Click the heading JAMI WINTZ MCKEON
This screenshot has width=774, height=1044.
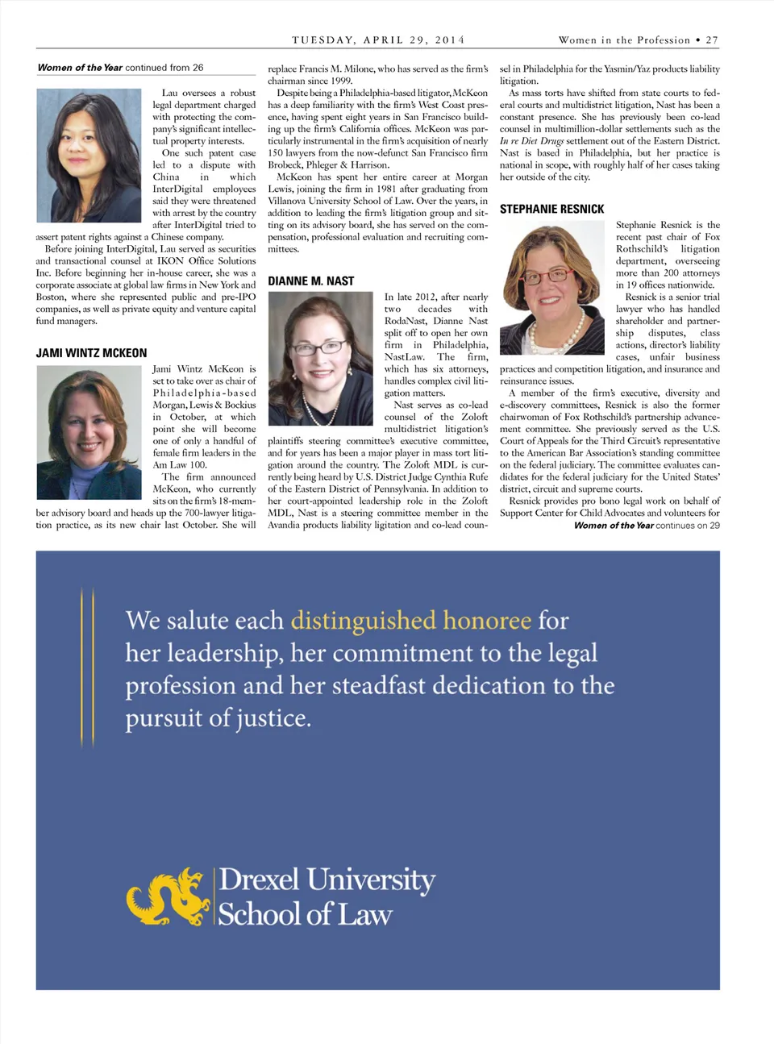point(91,353)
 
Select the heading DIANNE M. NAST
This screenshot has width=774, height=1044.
point(310,281)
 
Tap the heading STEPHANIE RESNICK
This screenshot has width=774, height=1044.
point(551,209)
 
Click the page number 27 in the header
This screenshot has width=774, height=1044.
point(712,40)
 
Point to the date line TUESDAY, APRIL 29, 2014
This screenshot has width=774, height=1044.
point(378,40)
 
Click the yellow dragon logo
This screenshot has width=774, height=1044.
point(169,896)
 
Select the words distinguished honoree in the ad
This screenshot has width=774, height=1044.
point(411,620)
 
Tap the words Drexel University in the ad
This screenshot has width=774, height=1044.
point(327,880)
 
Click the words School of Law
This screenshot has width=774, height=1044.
point(305,914)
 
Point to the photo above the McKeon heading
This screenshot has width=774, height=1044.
point(89,156)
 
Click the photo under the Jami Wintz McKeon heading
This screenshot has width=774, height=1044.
point(89,432)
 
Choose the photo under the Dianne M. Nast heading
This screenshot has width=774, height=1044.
point(320,358)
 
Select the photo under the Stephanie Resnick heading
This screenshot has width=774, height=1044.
point(551,288)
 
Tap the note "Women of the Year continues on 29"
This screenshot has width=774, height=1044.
point(647,526)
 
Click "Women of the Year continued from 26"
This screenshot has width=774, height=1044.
point(120,68)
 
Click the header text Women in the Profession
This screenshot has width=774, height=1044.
point(624,40)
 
